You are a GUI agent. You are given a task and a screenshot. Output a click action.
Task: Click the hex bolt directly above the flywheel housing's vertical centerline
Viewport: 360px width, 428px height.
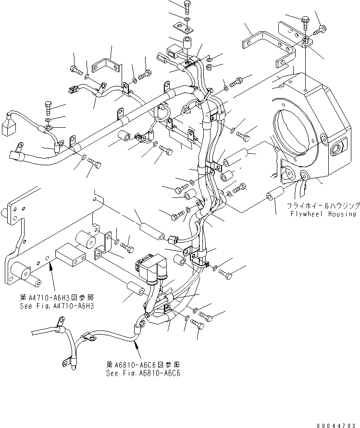[x=306, y=20]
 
